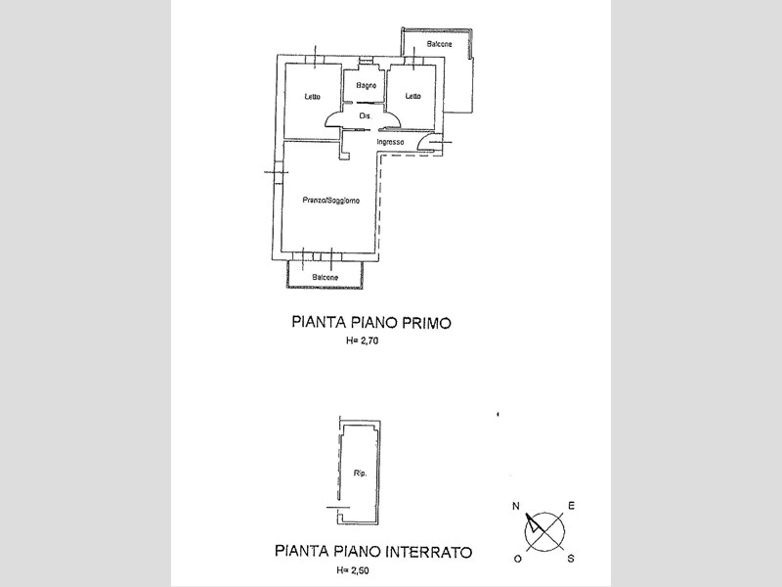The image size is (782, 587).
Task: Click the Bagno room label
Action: (366, 86)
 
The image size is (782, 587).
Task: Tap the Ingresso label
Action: (390, 142)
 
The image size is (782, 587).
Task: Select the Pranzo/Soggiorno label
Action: (330, 201)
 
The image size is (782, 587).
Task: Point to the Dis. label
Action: (366, 116)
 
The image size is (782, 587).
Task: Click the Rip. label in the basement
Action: (360, 474)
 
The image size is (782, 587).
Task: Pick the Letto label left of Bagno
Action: (313, 96)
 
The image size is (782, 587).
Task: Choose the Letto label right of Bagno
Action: (413, 96)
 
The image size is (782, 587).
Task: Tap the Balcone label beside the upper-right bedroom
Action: (439, 44)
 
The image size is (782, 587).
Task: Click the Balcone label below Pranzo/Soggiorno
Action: (326, 278)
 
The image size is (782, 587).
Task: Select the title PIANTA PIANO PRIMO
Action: (371, 323)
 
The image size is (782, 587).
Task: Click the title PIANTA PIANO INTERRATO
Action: (373, 552)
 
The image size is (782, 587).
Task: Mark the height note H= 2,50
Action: (353, 570)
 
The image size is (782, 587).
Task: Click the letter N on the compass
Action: (516, 506)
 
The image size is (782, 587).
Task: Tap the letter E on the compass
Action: (572, 506)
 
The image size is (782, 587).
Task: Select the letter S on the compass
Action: (571, 559)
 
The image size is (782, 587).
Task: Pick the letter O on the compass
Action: (518, 559)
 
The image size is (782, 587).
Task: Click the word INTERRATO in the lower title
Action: (429, 552)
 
